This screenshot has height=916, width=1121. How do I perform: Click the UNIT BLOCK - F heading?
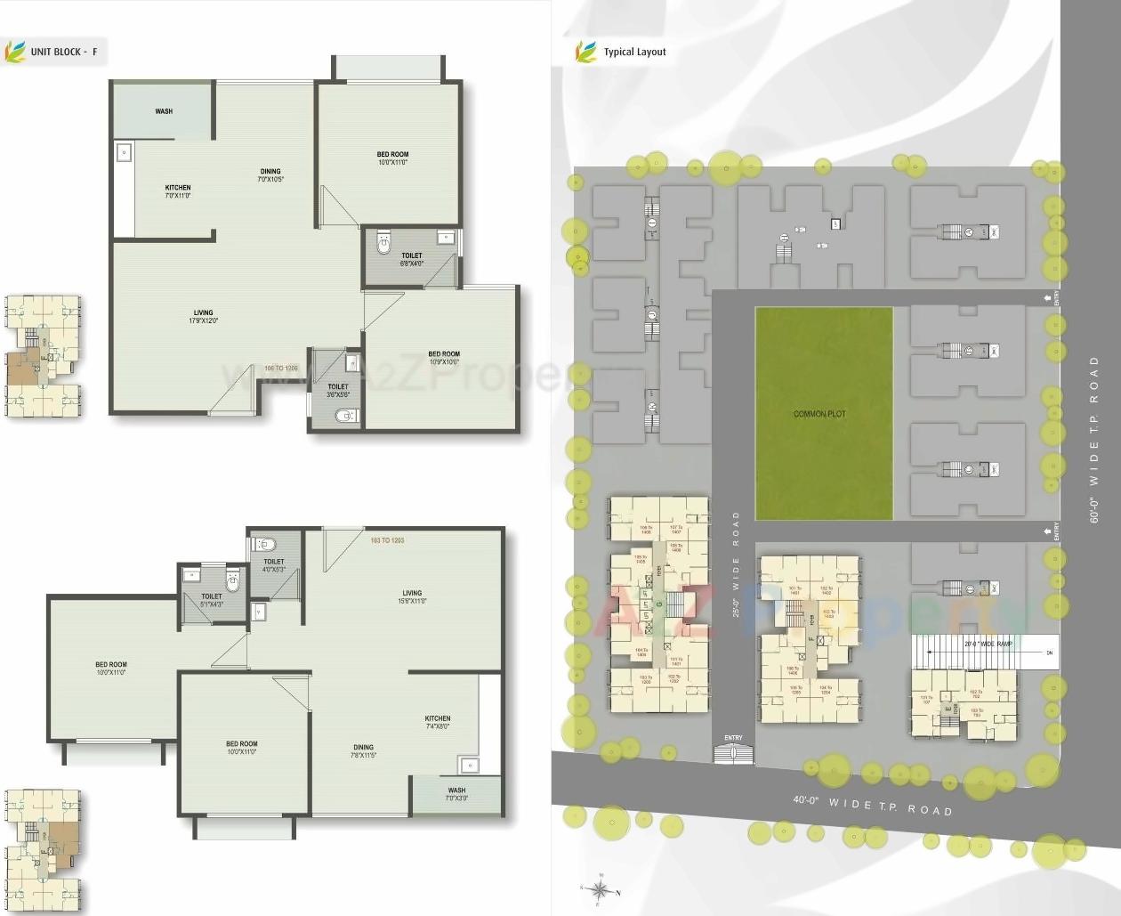(x=64, y=52)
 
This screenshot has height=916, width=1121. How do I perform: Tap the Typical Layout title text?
(x=634, y=52)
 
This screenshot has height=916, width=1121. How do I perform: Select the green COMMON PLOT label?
(x=819, y=414)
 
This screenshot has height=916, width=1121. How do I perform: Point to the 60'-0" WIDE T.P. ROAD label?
(x=1094, y=439)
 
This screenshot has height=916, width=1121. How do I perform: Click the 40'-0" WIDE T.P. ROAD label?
(x=872, y=805)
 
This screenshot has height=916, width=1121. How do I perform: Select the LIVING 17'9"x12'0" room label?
(x=204, y=317)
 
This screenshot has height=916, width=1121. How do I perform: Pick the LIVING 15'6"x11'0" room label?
(x=412, y=596)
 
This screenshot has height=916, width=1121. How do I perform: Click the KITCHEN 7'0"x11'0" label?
(x=178, y=191)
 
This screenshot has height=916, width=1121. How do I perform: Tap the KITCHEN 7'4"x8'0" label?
(x=437, y=722)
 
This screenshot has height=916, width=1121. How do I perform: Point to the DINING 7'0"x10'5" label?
(x=270, y=175)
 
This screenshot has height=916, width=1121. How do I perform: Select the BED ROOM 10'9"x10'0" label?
(x=444, y=358)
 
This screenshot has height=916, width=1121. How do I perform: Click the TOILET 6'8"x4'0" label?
(x=411, y=259)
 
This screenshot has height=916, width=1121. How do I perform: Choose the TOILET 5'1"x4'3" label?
(x=212, y=600)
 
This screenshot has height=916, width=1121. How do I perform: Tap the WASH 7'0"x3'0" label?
(x=456, y=794)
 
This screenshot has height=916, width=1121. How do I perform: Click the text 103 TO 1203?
(x=387, y=540)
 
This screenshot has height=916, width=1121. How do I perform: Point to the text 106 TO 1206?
(x=281, y=368)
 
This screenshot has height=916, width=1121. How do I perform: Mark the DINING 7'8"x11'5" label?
(x=363, y=751)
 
